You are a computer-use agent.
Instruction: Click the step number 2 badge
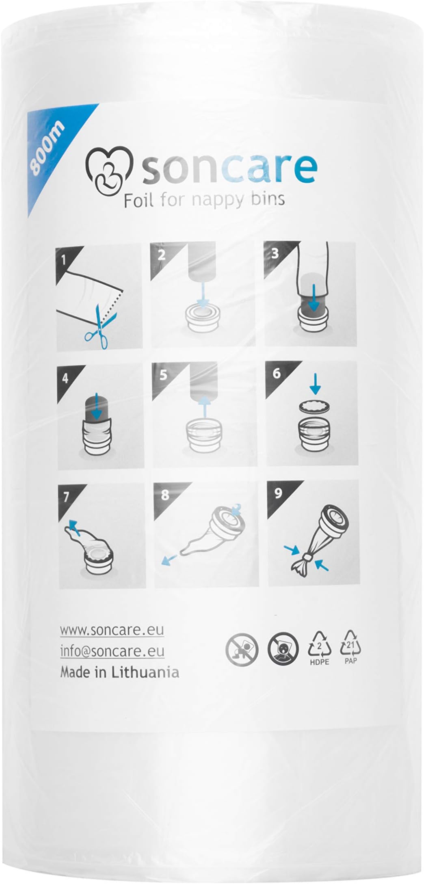click(161, 255)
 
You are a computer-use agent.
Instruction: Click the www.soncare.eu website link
click(112, 630)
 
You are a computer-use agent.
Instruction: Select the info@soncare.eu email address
click(112, 651)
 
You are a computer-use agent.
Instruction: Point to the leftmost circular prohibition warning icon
click(242, 648)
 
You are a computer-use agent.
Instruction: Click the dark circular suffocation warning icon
click(283, 648)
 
